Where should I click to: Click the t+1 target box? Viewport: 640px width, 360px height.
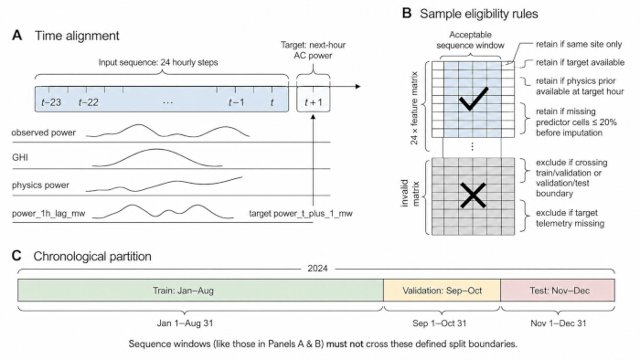pyautogui.click(x=313, y=99)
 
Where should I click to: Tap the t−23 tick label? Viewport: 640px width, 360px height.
pyautogui.click(x=51, y=102)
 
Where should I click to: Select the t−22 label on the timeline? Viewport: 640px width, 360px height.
pyautogui.click(x=88, y=102)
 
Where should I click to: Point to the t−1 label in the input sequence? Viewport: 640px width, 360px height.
pyautogui.click(x=237, y=102)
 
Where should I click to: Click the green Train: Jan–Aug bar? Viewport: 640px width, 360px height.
pyautogui.click(x=200, y=291)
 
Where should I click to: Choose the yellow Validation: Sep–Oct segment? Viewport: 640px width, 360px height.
pyautogui.click(x=442, y=291)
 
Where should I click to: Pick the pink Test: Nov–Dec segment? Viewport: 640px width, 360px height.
pyautogui.click(x=558, y=291)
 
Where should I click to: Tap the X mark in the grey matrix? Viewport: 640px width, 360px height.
pyautogui.click(x=473, y=196)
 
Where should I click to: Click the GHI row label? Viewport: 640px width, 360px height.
pyautogui.click(x=20, y=157)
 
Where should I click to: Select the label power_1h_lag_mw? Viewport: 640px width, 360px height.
pyautogui.click(x=48, y=213)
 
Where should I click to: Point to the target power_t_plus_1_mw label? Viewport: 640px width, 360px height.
pyautogui.click(x=301, y=213)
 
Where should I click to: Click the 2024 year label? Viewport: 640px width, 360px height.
pyautogui.click(x=317, y=269)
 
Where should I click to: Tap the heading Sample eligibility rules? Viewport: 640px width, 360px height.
pyautogui.click(x=479, y=14)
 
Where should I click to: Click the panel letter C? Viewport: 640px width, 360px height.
pyautogui.click(x=16, y=256)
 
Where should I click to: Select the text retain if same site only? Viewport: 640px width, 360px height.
pyautogui.click(x=579, y=44)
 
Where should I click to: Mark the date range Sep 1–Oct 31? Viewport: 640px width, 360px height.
pyautogui.click(x=439, y=323)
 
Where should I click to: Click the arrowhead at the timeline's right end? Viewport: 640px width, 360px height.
pyautogui.click(x=358, y=87)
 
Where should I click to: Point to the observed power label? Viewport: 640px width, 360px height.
pyautogui.click(x=44, y=132)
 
